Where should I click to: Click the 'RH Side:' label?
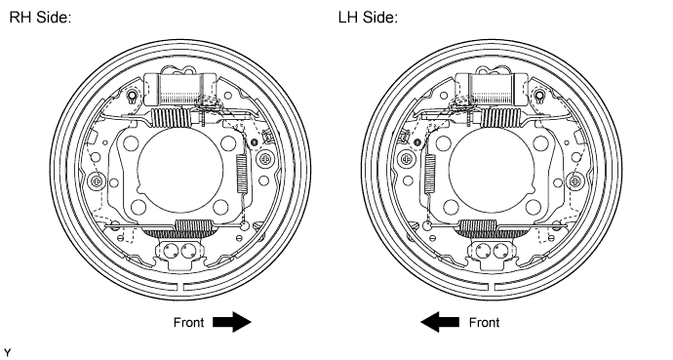[40, 18]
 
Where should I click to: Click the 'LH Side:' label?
[368, 18]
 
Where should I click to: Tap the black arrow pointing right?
[232, 322]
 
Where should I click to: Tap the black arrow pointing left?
[440, 322]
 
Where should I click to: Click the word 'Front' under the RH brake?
[188, 323]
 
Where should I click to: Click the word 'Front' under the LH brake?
[484, 323]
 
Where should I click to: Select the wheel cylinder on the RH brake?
[180, 89]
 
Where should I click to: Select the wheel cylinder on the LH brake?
[492, 89]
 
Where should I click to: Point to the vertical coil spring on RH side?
[242, 174]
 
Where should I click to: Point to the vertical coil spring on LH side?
[429, 174]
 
